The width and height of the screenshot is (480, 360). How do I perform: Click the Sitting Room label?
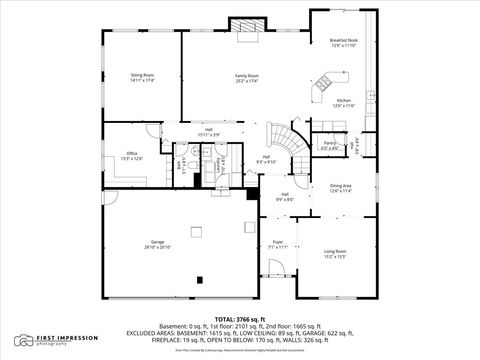pyautogui.click(x=142, y=77)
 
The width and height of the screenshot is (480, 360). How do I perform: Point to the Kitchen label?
pyautogui.click(x=343, y=103)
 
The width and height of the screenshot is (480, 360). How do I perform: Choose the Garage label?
pyautogui.click(x=158, y=244)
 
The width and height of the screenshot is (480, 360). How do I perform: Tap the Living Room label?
pyautogui.click(x=335, y=253)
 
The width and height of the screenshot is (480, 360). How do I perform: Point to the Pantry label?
pyautogui.click(x=329, y=146)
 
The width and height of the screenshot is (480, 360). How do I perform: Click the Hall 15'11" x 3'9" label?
pyautogui.click(x=210, y=131)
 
